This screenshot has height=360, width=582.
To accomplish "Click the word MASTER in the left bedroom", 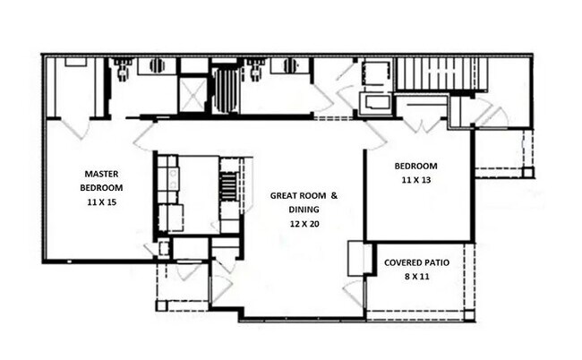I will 102,174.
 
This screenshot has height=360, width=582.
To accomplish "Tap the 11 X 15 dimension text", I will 102,202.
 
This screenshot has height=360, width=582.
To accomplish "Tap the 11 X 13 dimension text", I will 416,180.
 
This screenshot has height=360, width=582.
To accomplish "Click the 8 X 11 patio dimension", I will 415,278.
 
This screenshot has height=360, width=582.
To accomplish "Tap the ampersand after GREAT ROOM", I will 334,195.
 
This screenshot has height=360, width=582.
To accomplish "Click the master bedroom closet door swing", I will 75,127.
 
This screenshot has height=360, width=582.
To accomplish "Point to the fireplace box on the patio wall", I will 360,258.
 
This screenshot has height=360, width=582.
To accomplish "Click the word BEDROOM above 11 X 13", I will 416,167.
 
